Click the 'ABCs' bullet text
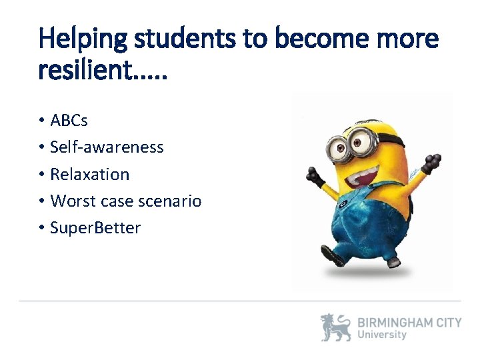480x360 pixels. coord(69,121)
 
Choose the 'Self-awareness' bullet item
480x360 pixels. coord(107,147)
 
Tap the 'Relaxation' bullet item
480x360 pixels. coord(90,174)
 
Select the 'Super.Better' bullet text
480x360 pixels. coord(95,228)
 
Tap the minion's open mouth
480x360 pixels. coord(359,175)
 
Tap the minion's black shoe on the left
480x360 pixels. coord(333,255)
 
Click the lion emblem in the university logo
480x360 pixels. coord(335,328)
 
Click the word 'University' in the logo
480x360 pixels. coord(382,335)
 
